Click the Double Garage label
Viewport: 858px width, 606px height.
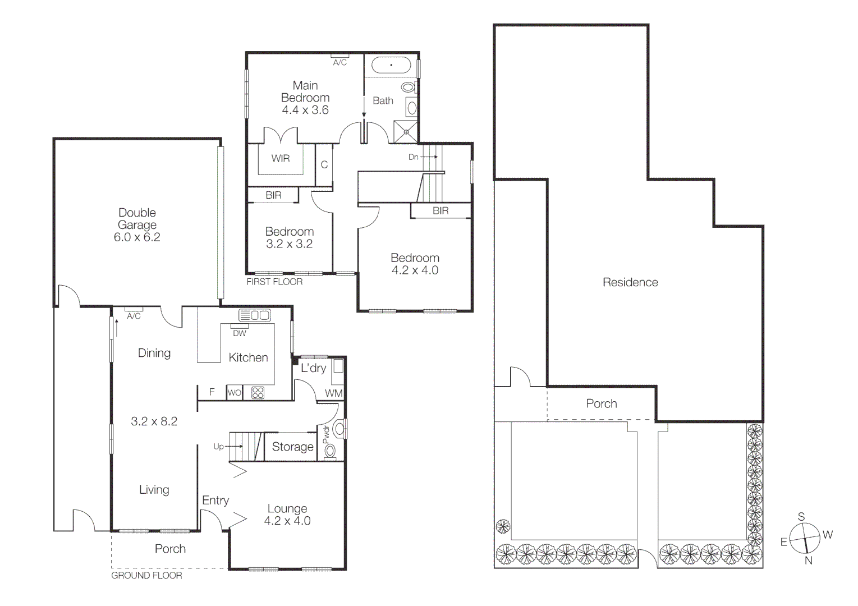[137, 219]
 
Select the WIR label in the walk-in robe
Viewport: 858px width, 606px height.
[281, 159]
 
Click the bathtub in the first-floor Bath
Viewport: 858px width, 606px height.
[391, 66]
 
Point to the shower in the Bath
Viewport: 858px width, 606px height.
[406, 131]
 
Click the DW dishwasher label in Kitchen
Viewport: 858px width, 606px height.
[239, 333]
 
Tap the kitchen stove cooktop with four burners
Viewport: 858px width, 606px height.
[258, 393]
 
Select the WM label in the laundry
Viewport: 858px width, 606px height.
[333, 393]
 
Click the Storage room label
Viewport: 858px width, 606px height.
[292, 447]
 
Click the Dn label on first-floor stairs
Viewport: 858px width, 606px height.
[414, 157]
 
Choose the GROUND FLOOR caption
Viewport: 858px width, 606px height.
[146, 575]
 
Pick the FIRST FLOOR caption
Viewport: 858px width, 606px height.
[274, 282]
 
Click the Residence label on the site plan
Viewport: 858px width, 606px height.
[630, 282]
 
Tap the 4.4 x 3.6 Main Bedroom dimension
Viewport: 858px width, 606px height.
[305, 110]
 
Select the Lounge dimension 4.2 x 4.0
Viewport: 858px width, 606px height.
[287, 521]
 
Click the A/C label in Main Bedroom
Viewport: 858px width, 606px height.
[340, 63]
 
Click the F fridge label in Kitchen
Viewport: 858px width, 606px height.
[212, 392]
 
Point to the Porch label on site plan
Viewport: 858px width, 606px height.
[602, 403]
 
